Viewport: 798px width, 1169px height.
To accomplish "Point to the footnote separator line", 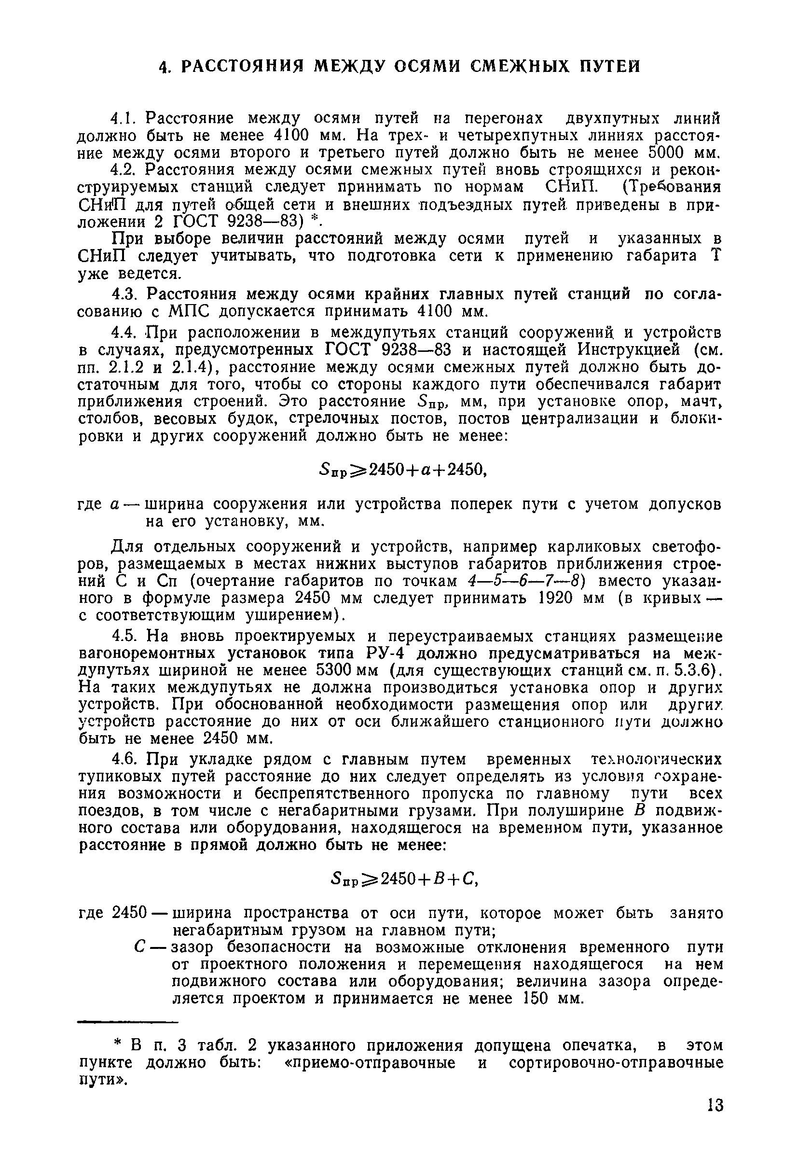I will (x=128, y=1022).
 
